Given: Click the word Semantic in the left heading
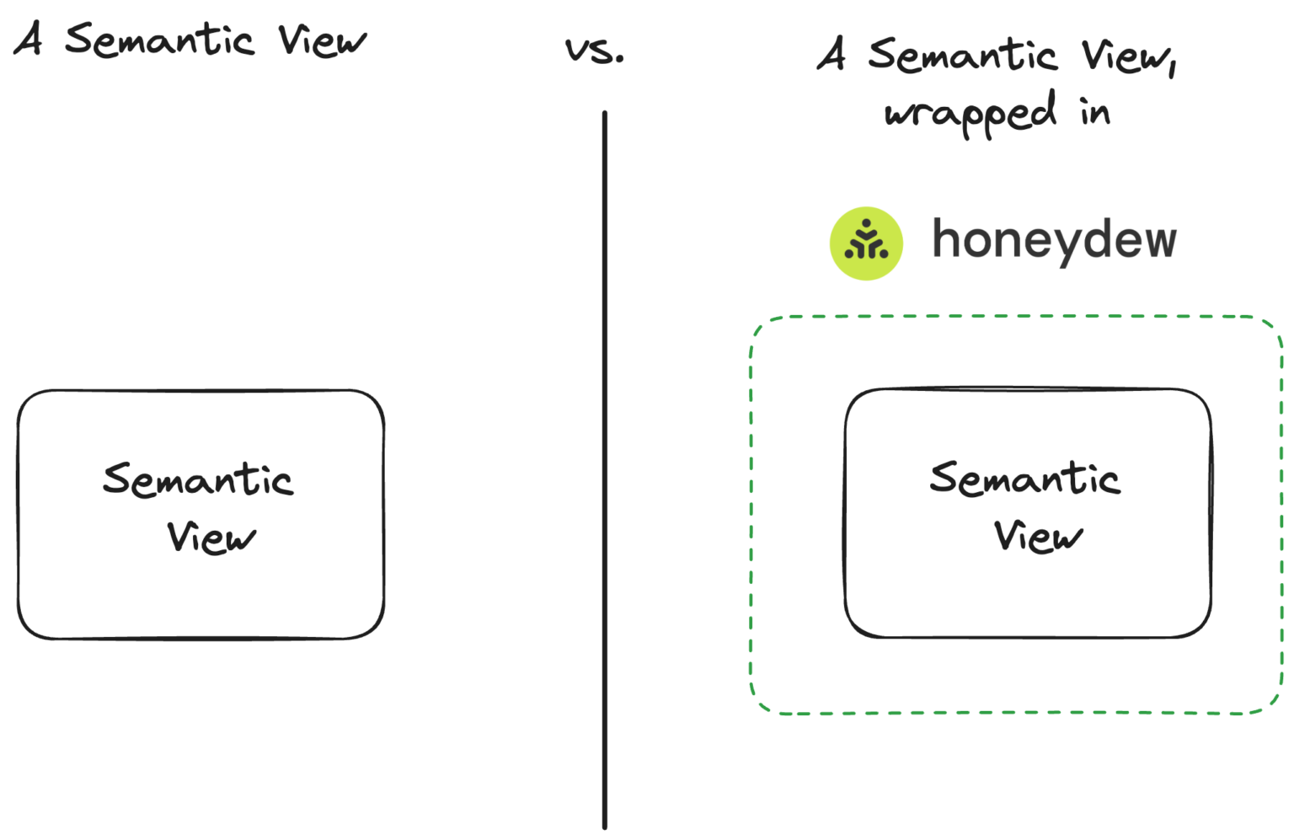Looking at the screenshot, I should click(x=159, y=40).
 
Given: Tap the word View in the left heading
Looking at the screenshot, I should click(x=322, y=40).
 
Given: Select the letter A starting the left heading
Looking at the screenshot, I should click(x=29, y=39).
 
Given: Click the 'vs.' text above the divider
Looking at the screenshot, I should click(x=595, y=51).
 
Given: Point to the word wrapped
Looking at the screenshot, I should click(x=970, y=114).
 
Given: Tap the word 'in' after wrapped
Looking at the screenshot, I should click(x=1095, y=111).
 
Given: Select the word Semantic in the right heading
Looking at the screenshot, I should click(x=962, y=55).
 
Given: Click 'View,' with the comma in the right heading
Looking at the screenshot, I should click(x=1129, y=56).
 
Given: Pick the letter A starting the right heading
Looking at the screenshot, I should click(x=831, y=54).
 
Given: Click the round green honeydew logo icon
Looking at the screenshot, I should click(x=866, y=243).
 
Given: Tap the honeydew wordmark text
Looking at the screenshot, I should click(x=1053, y=240).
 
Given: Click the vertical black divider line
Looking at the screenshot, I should click(x=604, y=472).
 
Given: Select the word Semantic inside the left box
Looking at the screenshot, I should click(x=198, y=479).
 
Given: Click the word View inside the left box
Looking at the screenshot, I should click(x=211, y=537).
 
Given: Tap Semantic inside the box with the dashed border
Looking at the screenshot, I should click(x=1024, y=479).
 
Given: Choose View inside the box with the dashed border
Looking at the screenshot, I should click(x=1038, y=536).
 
